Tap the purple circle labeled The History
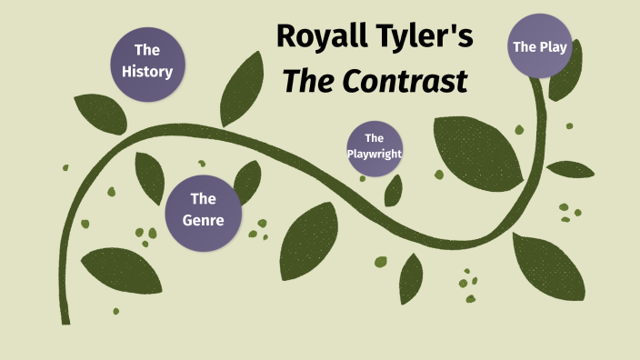click(147, 60)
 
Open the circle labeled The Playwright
click(375, 145)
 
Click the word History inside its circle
click(147, 70)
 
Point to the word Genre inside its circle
click(202, 219)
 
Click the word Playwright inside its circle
click(375, 154)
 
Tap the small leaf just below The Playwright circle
click(394, 190)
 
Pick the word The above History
click(147, 50)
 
